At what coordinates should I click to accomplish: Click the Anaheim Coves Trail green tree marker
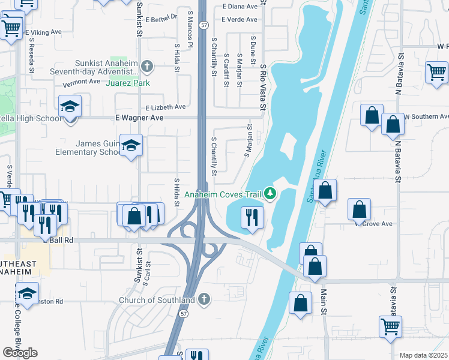271,193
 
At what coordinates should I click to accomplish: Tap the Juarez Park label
127,83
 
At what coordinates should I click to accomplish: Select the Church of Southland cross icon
204,299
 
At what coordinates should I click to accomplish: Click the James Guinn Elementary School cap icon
130,145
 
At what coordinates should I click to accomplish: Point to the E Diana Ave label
240,6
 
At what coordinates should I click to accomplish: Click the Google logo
20,352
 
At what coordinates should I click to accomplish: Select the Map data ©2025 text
423,355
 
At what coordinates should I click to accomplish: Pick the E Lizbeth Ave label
166,107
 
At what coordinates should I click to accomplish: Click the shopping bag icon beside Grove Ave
360,209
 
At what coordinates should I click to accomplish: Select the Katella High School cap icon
70,107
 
